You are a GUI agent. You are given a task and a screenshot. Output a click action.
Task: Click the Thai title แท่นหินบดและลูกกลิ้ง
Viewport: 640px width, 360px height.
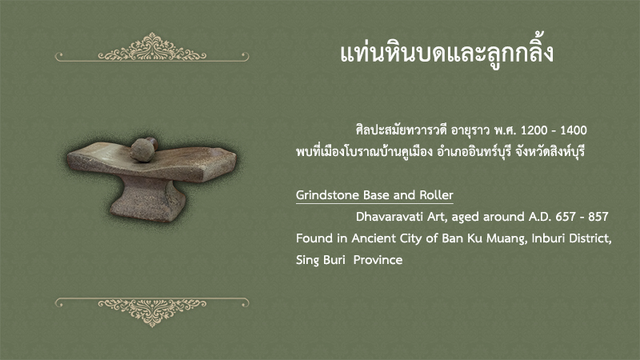(x=446, y=54)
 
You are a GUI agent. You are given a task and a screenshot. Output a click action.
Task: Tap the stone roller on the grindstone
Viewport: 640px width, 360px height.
(x=144, y=150)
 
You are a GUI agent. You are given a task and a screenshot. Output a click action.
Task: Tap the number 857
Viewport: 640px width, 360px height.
(x=598, y=217)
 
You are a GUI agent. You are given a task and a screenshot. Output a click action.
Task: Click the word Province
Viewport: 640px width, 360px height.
(x=378, y=260)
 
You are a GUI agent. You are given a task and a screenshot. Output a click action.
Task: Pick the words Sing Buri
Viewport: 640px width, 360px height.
(x=321, y=260)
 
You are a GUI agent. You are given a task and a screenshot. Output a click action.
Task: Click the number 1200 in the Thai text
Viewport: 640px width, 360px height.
(x=534, y=130)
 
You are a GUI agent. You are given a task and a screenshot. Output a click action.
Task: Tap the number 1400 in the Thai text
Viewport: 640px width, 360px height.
(x=574, y=130)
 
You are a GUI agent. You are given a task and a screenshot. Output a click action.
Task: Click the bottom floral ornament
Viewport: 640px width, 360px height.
(x=152, y=312)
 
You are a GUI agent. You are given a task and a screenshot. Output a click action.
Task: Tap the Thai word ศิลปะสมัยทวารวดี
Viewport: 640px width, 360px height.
(x=402, y=130)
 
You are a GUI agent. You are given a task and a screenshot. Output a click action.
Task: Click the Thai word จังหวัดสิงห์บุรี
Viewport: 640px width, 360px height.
(x=550, y=152)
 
